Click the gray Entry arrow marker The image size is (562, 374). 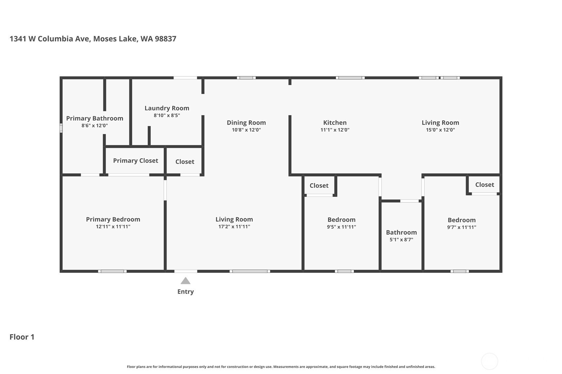(x=185, y=280)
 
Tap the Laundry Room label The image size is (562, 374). (x=167, y=108)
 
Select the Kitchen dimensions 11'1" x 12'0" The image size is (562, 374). (x=335, y=130)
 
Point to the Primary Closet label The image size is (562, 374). (x=135, y=161)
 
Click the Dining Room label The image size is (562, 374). (x=246, y=123)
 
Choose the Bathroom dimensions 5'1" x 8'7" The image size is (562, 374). (x=401, y=239)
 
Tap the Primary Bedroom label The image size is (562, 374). (x=113, y=220)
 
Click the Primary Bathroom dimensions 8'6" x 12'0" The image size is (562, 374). (x=95, y=126)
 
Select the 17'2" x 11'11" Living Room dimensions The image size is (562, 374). (x=234, y=227)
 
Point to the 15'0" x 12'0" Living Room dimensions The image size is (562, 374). (x=440, y=130)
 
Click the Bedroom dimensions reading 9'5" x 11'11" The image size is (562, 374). (x=341, y=227)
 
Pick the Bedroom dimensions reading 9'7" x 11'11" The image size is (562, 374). (x=462, y=227)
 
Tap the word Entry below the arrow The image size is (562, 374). (x=185, y=292)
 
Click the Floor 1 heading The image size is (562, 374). (x=22, y=337)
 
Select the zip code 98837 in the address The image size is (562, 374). (x=166, y=39)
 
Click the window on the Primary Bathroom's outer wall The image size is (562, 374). (x=61, y=128)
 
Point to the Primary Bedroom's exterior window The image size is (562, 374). (x=112, y=271)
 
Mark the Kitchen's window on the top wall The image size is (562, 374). (x=350, y=78)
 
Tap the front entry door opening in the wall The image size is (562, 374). (x=186, y=271)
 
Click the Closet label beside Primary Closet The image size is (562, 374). (x=185, y=162)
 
